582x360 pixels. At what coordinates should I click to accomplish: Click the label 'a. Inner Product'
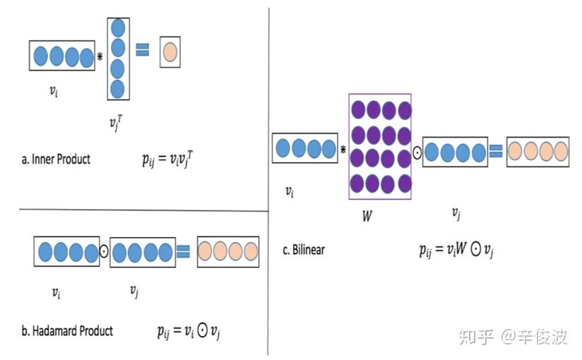tap(56, 160)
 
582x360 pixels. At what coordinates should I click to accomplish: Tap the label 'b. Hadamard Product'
tap(67, 330)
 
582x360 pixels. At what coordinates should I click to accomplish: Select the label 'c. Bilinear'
tap(304, 249)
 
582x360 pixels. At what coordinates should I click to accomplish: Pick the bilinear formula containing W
tap(456, 250)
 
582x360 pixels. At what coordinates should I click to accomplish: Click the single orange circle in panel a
tap(170, 52)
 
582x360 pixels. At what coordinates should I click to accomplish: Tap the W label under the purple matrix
tap(367, 216)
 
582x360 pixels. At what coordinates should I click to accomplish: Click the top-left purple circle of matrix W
tap(358, 110)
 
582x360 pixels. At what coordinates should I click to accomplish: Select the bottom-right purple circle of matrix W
tap(404, 181)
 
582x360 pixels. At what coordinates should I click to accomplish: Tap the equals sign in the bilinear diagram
tap(497, 150)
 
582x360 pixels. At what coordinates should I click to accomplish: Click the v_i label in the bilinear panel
tap(290, 191)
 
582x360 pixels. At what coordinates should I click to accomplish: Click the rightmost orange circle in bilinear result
tap(561, 151)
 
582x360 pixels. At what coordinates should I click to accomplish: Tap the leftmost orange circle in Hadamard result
tap(206, 251)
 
